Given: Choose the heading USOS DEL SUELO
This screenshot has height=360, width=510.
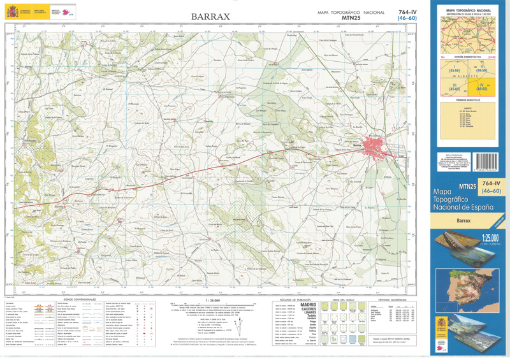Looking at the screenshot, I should click(x=344, y=299).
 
